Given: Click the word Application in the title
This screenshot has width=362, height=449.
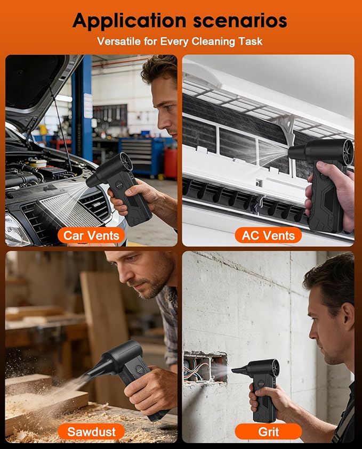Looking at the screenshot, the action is pyautogui.click(x=129, y=21).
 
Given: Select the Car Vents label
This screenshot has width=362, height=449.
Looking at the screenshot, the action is pyautogui.click(x=91, y=235).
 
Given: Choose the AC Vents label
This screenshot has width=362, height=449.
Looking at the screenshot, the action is pyautogui.click(x=268, y=235).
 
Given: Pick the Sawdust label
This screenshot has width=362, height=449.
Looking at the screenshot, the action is pyautogui.click(x=91, y=431).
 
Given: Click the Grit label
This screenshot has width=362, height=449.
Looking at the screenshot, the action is pyautogui.click(x=268, y=431).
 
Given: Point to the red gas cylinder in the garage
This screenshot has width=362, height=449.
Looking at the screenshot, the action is pyautogui.click(x=171, y=164).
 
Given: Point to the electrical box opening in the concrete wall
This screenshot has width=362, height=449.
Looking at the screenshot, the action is pyautogui.click(x=205, y=368).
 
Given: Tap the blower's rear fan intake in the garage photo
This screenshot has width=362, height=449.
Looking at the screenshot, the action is pyautogui.click(x=126, y=162).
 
